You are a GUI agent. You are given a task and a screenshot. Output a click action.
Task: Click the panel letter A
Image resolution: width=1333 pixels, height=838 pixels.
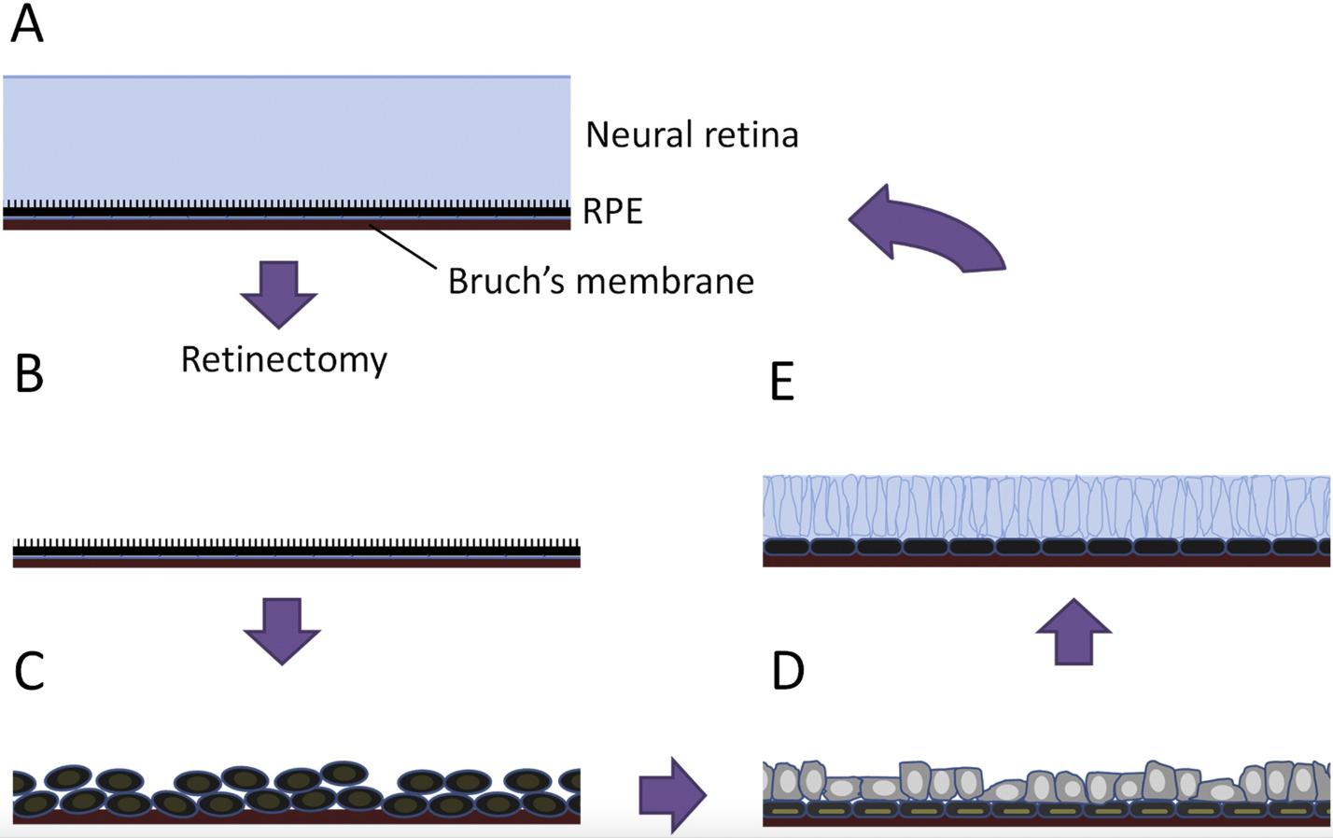pos(26,24)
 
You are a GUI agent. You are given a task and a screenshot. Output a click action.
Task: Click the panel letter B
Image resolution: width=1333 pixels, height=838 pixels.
pos(29,372)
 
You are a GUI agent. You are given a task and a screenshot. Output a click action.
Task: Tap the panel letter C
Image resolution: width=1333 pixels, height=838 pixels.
pos(29,670)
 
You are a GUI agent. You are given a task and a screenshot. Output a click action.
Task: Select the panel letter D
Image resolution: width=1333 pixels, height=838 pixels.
pos(788,670)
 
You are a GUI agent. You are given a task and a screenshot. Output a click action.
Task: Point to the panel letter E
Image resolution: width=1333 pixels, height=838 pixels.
pos(781,382)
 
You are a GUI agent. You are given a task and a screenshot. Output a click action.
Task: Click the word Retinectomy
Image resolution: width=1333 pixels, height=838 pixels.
pos(284,359)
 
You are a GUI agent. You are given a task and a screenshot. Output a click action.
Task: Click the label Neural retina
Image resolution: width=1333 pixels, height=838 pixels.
pos(692,135)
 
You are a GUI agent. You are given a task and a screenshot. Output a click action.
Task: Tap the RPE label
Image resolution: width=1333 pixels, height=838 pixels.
pos(612,212)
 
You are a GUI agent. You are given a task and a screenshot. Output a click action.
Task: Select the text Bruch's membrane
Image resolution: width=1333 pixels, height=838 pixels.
pos(600,281)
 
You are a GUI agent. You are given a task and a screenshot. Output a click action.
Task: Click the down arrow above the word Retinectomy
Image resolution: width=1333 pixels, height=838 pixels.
pos(279,293)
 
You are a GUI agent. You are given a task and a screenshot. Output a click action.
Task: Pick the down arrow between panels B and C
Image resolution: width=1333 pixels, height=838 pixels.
pos(282,630)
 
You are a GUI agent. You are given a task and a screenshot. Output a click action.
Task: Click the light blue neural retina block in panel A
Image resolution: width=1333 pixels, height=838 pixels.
pos(287,138)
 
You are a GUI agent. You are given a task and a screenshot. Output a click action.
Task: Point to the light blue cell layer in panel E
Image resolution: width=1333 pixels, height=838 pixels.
pos(1045,506)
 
